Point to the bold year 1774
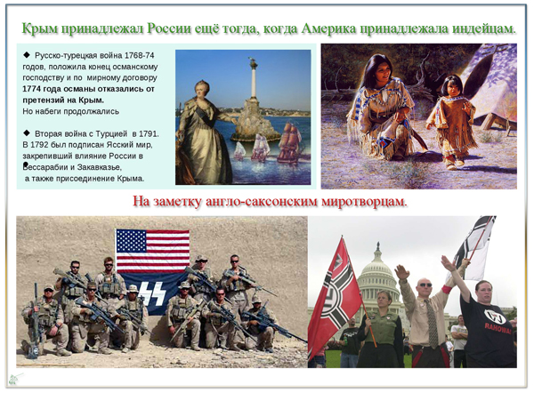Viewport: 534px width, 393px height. coord(32,89)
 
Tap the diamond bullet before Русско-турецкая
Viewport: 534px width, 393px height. coord(27,55)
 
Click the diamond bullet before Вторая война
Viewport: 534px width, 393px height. coord(27,132)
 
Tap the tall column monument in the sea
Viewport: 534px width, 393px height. coord(253,79)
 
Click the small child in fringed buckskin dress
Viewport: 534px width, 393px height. coord(450,122)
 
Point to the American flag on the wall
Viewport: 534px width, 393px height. coord(152,251)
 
